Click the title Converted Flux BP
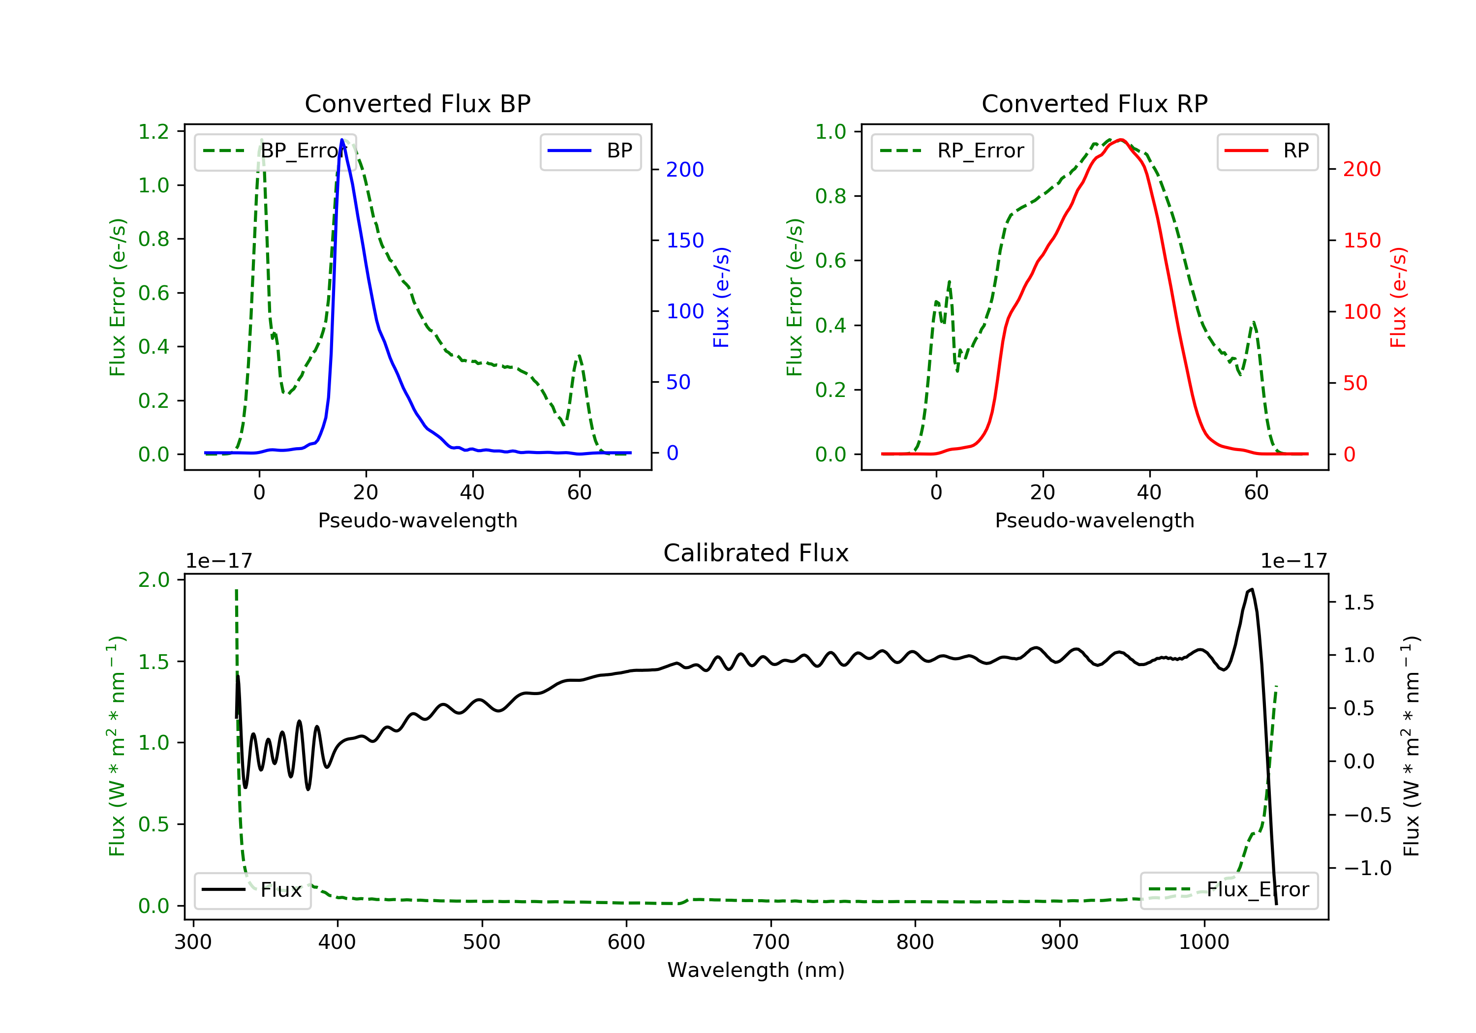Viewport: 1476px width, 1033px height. coord(417,103)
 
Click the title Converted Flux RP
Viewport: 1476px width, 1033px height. coord(1094,103)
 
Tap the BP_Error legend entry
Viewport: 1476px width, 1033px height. coord(275,151)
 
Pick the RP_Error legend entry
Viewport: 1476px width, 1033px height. coord(952,151)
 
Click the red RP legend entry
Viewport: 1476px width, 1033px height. coord(1267,151)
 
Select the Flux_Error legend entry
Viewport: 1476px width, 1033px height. coord(1229,890)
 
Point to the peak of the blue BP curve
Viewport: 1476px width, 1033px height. coord(342,140)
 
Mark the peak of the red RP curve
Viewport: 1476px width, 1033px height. coord(1120,140)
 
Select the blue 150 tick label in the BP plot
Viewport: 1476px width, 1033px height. coord(685,241)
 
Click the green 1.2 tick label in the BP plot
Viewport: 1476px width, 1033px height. coord(154,132)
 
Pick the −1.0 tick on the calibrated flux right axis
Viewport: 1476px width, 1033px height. coord(1367,868)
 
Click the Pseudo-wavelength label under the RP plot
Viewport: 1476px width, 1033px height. coord(1094,520)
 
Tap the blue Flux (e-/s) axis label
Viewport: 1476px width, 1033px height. coord(721,297)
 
